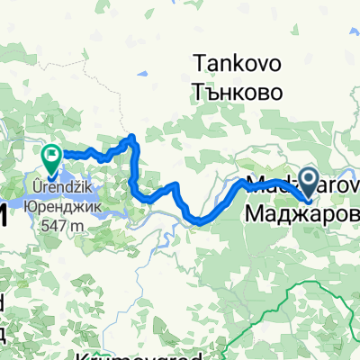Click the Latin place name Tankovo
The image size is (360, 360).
(x=237, y=65)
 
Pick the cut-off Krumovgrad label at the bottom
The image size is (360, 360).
(x=135, y=355)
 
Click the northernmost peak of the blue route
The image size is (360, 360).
(x=133, y=137)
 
